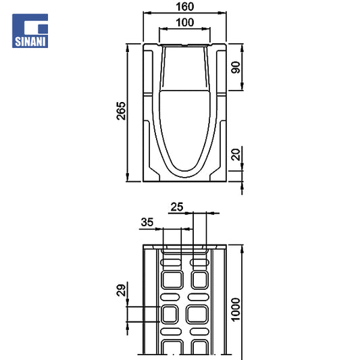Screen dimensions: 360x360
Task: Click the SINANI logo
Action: (x=30, y=31)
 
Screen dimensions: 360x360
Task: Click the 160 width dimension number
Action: (x=185, y=7)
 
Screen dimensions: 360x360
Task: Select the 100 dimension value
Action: (x=185, y=22)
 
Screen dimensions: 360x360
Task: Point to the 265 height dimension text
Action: (x=121, y=111)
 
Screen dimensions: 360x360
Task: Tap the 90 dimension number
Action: (x=236, y=68)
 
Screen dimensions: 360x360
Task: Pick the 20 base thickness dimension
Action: (x=236, y=154)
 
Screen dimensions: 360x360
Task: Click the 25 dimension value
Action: (x=177, y=207)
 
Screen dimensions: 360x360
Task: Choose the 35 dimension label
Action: (x=147, y=222)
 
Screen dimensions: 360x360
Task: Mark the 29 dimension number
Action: (x=121, y=290)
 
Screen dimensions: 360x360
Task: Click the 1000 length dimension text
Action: (x=236, y=310)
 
